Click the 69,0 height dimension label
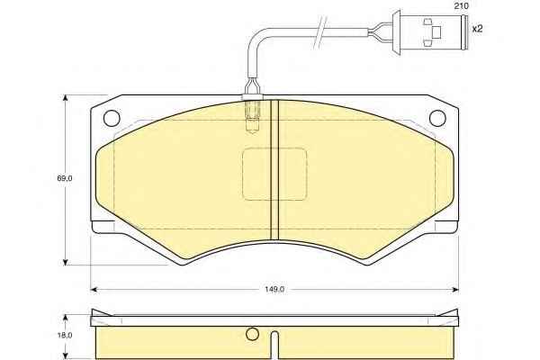(65, 178)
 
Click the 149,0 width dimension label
(274, 290)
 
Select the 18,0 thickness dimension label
(65, 335)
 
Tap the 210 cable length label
(461, 6)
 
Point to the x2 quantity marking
(478, 29)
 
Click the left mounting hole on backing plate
(112, 118)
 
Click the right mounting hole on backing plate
(437, 118)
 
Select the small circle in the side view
(252, 334)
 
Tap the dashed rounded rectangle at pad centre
(274, 174)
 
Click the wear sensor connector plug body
(432, 32)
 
